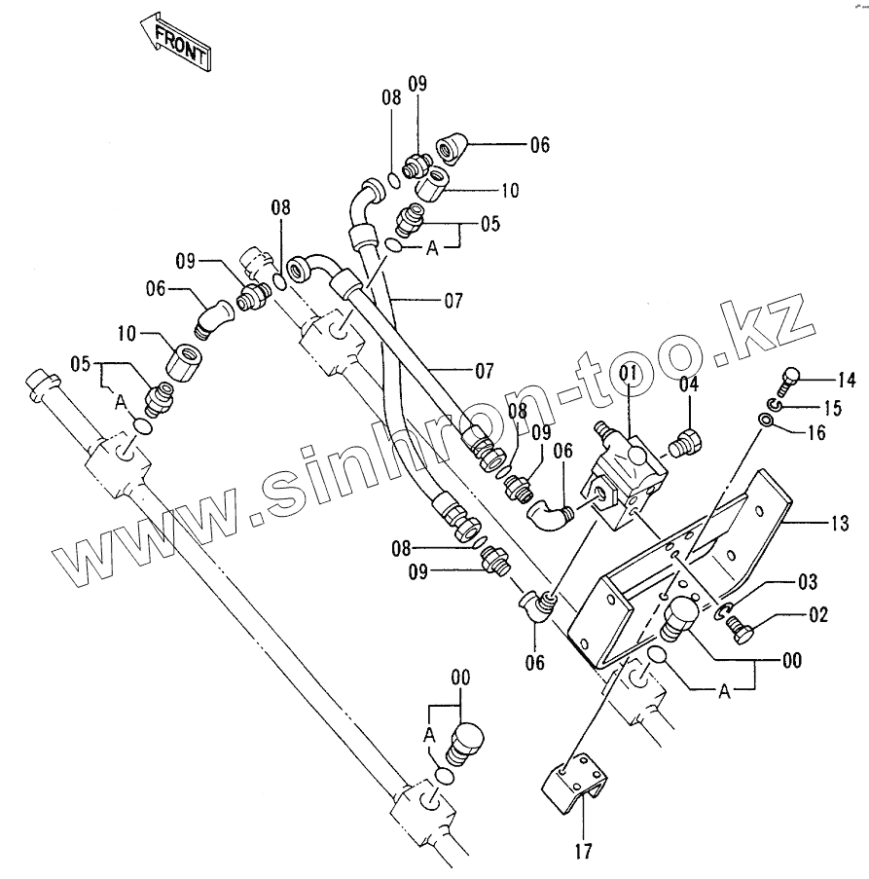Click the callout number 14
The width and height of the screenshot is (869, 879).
click(843, 380)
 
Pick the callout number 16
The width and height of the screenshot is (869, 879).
click(815, 432)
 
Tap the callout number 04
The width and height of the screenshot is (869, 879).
click(689, 385)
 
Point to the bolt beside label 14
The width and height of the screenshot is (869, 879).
click(789, 377)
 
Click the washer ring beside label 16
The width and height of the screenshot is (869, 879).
click(766, 420)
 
